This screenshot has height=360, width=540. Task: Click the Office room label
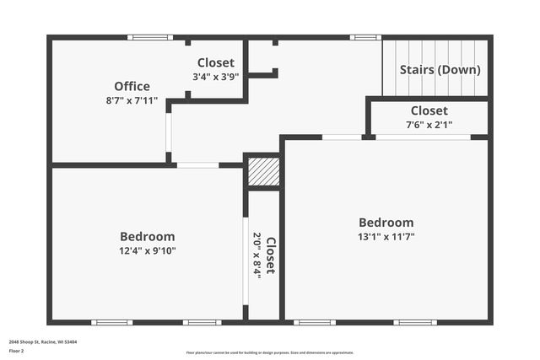tap(132, 86)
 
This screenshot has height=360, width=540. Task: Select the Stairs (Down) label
tap(440, 69)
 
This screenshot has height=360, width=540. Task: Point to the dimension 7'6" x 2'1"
tap(429, 125)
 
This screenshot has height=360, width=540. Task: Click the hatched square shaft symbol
tap(262, 173)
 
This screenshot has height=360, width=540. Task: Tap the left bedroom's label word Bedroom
tap(147, 236)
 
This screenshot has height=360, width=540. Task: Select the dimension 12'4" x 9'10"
tap(147, 250)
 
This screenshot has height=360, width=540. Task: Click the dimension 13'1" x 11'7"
tap(386, 237)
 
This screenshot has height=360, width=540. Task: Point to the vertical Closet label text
tap(271, 255)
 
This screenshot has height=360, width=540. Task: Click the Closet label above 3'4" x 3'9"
tap(215, 62)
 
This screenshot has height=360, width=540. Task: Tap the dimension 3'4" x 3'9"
tap(215, 77)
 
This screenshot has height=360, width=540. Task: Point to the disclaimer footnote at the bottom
tap(269, 352)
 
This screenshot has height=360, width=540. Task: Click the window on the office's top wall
tap(150, 37)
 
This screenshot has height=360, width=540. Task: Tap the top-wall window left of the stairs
tap(365, 37)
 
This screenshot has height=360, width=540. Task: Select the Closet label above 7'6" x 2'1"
tap(429, 110)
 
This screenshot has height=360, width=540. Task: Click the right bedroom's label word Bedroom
tap(386, 223)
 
